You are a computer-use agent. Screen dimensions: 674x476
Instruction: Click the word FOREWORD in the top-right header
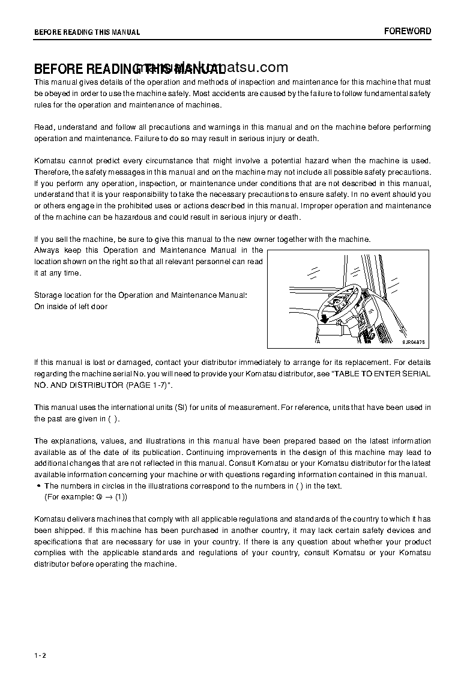coord(408,31)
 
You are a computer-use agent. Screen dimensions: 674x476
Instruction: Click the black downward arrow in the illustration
coord(324,317)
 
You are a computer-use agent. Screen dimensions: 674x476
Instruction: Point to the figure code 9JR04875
coord(414,342)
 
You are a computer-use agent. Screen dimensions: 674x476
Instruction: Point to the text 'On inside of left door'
coord(71,307)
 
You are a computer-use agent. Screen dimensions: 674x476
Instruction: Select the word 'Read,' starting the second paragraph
coord(44,127)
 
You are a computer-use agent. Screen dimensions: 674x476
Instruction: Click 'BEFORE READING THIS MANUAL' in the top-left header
coord(87,32)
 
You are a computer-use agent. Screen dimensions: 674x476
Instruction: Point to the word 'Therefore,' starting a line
coord(52,172)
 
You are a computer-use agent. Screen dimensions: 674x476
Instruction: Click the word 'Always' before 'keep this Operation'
coord(46,250)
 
